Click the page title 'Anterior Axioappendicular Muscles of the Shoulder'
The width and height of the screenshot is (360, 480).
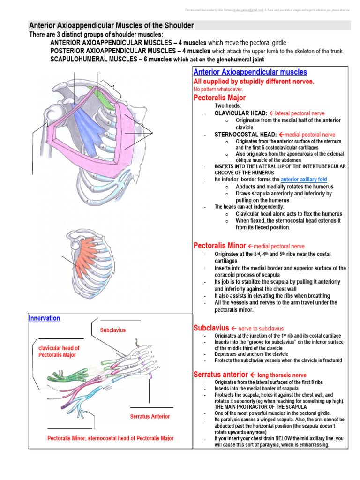point(111,25)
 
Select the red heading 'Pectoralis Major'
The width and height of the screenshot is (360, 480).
point(219,97)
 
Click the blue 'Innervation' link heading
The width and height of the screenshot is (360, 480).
point(45,318)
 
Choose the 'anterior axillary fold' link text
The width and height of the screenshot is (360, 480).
point(304,180)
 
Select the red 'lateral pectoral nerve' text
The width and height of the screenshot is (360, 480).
point(300,113)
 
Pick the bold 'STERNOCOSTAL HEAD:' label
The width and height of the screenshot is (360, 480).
point(245,135)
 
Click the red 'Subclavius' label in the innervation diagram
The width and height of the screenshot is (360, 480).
point(113,330)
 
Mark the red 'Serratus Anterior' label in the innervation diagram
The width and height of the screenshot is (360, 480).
point(150,416)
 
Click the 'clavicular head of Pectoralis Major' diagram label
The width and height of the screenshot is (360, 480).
point(59,351)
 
